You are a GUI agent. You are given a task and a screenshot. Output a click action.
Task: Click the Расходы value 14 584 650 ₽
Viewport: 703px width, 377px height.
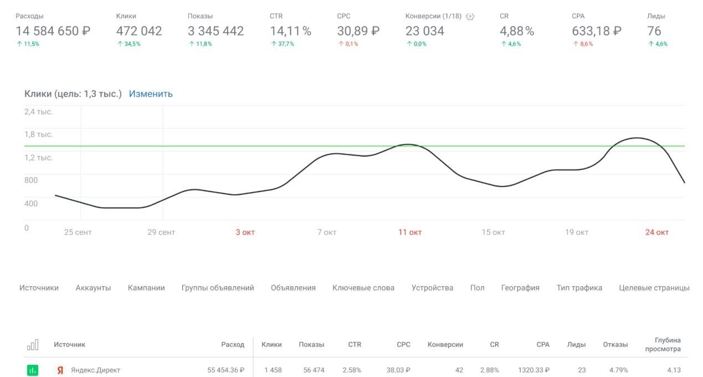53,31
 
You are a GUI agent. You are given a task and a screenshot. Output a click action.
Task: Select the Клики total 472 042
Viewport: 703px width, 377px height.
139,31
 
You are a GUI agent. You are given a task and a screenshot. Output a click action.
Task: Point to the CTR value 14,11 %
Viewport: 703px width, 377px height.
290,31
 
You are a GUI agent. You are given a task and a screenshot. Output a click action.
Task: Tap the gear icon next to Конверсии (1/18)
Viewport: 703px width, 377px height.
470,17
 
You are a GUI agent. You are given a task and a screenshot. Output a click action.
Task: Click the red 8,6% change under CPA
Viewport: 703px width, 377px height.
582,44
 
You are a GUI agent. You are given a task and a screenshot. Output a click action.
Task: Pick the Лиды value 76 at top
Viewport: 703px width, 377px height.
654,31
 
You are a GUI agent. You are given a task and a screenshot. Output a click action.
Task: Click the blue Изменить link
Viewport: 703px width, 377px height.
151,94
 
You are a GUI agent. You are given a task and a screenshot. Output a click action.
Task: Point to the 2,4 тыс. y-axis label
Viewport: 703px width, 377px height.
38,112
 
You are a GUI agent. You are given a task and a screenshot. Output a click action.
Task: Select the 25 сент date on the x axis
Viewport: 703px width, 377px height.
78,232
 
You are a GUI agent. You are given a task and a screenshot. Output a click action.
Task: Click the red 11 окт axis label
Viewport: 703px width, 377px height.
410,232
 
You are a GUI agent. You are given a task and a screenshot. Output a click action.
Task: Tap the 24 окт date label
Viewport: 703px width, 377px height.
657,232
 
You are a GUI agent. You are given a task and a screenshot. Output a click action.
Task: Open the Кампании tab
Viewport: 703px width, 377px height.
146,288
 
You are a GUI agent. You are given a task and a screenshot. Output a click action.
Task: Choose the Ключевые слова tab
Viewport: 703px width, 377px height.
363,288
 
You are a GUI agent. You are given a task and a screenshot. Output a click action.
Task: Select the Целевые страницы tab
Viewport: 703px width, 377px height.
654,288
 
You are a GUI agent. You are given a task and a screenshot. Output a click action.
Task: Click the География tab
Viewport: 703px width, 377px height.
520,288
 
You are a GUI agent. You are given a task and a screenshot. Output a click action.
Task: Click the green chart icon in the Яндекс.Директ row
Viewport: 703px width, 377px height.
33,370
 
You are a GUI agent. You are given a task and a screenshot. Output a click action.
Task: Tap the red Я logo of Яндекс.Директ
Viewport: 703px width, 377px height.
60,370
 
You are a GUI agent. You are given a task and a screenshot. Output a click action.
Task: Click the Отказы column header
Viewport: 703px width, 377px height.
615,344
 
